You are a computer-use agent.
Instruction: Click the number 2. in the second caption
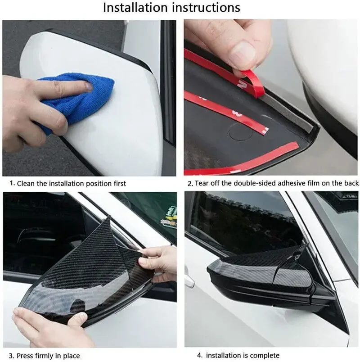point(190,183)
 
